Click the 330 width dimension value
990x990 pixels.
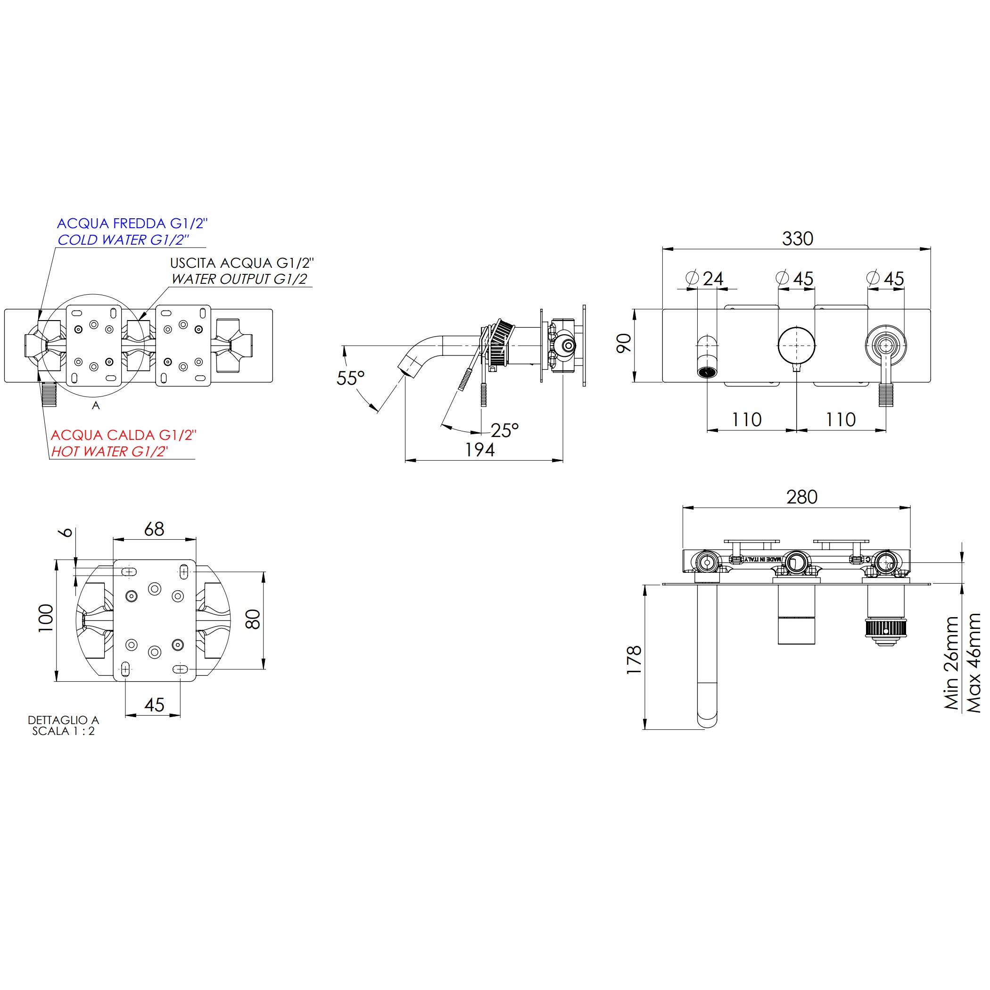797,239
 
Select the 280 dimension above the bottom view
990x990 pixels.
802,497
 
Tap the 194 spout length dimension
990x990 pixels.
479,450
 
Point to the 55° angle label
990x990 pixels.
350,378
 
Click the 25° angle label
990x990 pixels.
504,430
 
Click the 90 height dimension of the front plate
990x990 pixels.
624,343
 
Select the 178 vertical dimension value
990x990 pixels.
635,660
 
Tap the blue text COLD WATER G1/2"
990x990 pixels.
123,240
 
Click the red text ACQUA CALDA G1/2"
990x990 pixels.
124,435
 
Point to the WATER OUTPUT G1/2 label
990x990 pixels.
239,279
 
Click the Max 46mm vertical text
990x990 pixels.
973,663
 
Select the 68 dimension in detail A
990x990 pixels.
154,529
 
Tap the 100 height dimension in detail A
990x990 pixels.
46,618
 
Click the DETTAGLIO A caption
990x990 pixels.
64,720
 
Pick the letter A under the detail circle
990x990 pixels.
96,406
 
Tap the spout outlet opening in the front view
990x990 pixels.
707,372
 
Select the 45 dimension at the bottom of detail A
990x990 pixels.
154,705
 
